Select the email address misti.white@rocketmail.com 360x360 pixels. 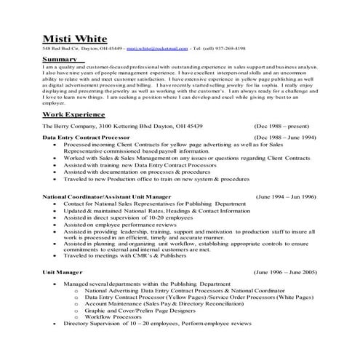tap(154, 49)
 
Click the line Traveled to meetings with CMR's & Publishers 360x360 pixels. tap(124, 256)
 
